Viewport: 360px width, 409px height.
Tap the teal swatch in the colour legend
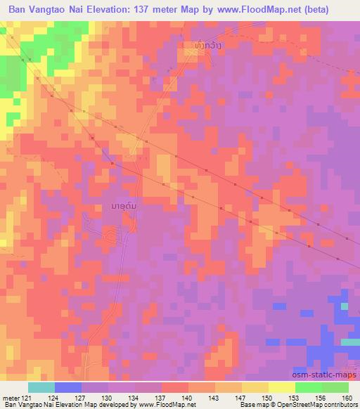[41, 387]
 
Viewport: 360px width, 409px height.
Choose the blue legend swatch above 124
[68, 387]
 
